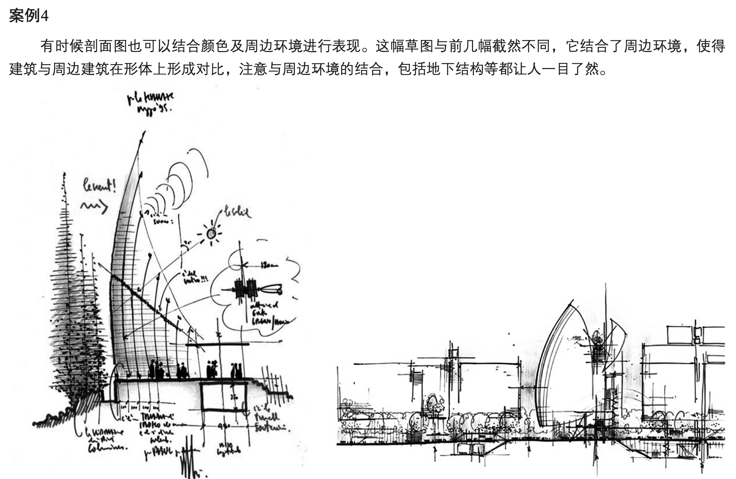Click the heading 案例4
tap(28, 16)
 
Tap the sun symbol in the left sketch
tap(211, 234)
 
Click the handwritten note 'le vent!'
tap(99, 187)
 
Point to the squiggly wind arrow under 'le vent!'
tap(94, 206)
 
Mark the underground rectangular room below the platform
tap(224, 396)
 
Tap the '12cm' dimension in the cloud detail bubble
tap(269, 266)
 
